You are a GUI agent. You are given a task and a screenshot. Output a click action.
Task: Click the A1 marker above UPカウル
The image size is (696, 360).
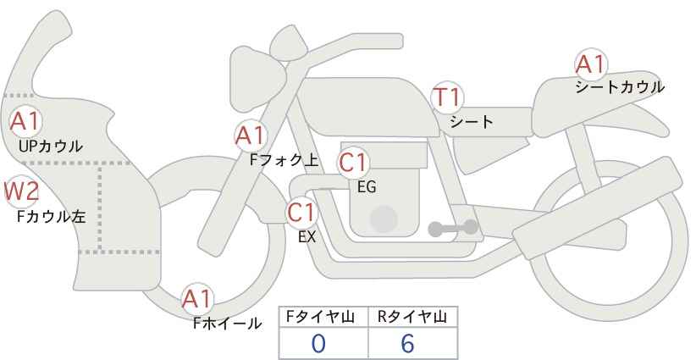[25, 121]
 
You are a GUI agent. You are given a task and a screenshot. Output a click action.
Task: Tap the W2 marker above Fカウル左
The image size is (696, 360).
[21, 191]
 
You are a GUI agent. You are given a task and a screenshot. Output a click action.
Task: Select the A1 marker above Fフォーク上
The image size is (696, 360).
[251, 136]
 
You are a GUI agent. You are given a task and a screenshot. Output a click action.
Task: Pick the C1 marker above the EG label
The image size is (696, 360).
[353, 163]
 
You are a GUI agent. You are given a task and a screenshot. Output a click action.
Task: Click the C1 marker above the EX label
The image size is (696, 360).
[301, 213]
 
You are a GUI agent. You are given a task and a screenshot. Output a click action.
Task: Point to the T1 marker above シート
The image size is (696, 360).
[447, 97]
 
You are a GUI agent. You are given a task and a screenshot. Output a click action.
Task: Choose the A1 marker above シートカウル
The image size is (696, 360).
[591, 64]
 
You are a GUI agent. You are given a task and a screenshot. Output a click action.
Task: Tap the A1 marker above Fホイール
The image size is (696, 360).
[197, 299]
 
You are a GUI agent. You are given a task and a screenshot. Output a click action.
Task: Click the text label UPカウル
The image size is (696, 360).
[51, 146]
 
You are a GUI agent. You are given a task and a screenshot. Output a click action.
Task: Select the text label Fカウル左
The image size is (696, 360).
[51, 217]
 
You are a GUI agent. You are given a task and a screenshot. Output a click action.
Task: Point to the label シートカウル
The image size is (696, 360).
[620, 87]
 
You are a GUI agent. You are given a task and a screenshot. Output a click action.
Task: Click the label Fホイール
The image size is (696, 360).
[227, 324]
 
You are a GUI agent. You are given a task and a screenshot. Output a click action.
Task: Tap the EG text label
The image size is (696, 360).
[367, 187]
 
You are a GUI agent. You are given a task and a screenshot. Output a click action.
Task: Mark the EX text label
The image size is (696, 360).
[307, 237]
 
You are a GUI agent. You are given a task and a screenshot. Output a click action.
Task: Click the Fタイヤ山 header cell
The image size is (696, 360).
[323, 317]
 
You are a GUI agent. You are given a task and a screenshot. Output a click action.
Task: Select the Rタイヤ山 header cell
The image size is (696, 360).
[413, 317]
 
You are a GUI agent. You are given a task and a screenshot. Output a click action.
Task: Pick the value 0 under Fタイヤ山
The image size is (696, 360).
[318, 344]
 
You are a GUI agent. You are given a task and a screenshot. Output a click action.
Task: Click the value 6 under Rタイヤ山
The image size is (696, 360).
[407, 344]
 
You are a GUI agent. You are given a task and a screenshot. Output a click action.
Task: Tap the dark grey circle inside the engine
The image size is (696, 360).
[384, 219]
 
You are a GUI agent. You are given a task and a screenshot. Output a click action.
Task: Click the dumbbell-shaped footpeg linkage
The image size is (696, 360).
[452, 228]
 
